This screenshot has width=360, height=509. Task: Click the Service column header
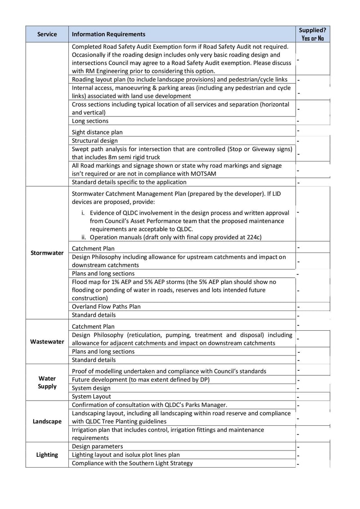(x=47, y=34)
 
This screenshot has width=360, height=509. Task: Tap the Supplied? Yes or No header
(x=313, y=34)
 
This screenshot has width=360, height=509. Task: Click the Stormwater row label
(x=47, y=253)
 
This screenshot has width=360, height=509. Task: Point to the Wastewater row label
(x=47, y=342)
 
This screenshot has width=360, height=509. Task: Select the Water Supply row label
(x=47, y=383)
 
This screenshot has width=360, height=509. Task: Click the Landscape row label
(x=47, y=422)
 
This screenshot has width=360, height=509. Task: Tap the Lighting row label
(x=47, y=455)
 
